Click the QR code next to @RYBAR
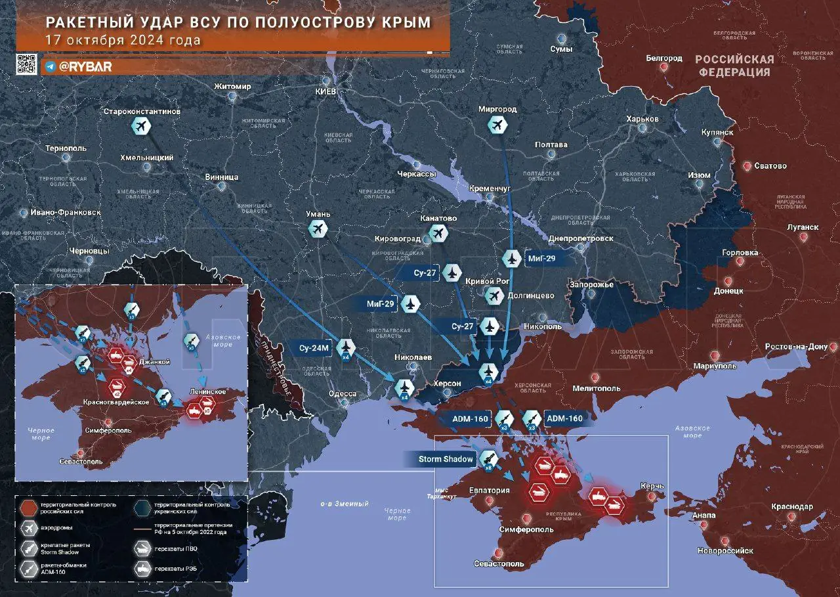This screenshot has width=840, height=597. (27, 64)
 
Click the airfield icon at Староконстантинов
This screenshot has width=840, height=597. (141, 126)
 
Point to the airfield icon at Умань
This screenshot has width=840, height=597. (318, 229)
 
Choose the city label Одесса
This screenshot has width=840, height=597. (342, 393)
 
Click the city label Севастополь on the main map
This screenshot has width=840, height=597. (499, 564)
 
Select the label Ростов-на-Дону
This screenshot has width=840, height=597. (801, 347)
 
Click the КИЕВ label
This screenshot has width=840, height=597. (326, 91)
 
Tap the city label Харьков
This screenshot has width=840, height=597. (642, 118)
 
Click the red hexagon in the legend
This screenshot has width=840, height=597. (29, 508)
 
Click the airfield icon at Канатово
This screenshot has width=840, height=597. (438, 232)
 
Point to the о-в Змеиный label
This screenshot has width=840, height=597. (344, 504)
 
